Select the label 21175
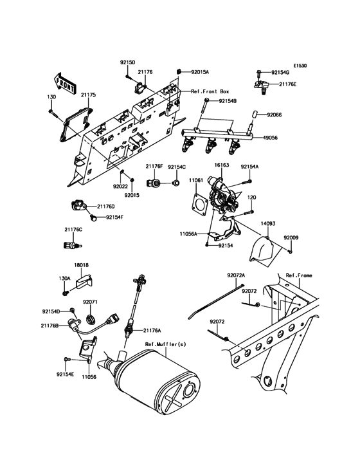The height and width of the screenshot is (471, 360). tap(88, 95)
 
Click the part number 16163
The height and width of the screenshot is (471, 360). tap(222, 165)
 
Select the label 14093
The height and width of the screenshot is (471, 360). tap(268, 223)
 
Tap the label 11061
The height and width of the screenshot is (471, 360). tap(196, 181)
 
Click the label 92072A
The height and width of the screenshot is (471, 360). tap(236, 275)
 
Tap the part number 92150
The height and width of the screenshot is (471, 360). tap(127, 62)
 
